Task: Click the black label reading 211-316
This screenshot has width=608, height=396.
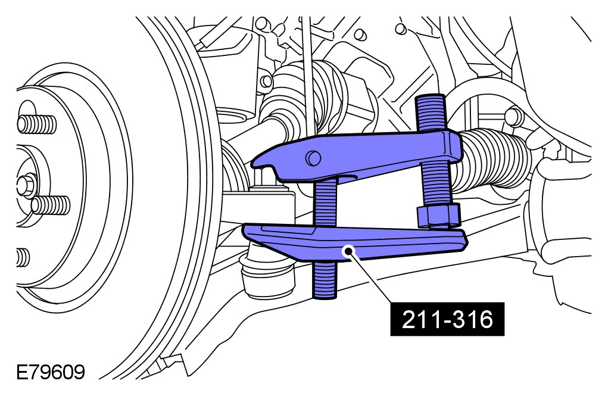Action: click(447, 319)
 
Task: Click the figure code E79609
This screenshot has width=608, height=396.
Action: click(51, 372)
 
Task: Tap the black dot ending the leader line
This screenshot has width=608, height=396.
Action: click(349, 251)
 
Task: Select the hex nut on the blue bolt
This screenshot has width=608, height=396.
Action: click(439, 215)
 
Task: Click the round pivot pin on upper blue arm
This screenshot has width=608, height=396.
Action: click(313, 158)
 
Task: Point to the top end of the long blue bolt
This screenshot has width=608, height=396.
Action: click(431, 97)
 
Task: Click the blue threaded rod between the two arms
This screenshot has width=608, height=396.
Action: click(325, 202)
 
